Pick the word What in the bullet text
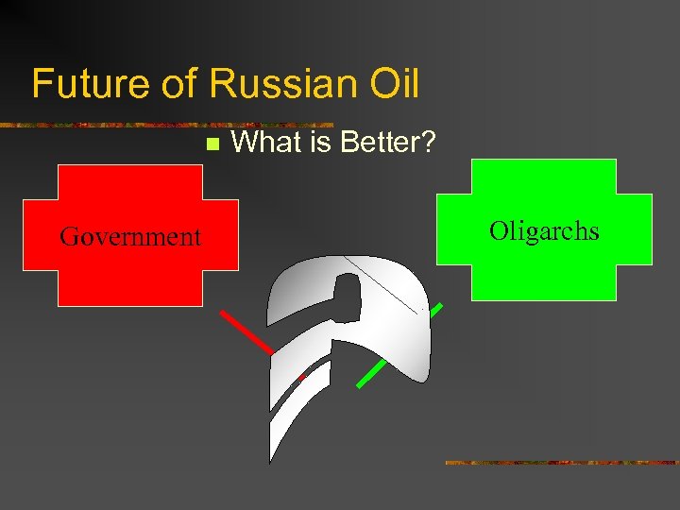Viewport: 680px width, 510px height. pyautogui.click(x=264, y=143)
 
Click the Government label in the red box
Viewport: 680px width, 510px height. pyautogui.click(x=130, y=236)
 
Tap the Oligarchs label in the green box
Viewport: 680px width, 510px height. pyautogui.click(x=544, y=230)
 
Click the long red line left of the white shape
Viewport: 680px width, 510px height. pyautogui.click(x=246, y=331)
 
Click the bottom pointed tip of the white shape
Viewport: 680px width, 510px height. pyautogui.click(x=270, y=461)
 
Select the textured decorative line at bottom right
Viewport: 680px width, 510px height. pyautogui.click(x=561, y=463)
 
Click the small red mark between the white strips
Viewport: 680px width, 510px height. pyautogui.click(x=301, y=378)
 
